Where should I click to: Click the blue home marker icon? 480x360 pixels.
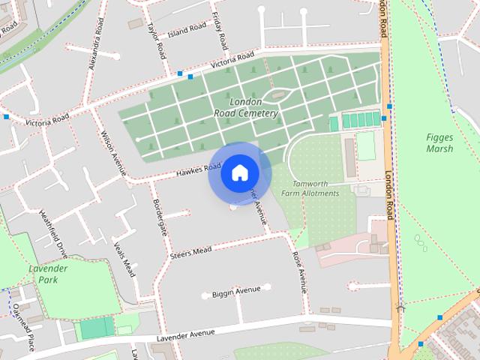239,172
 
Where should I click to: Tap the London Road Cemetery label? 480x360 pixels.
245,107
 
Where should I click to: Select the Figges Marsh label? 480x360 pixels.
439,142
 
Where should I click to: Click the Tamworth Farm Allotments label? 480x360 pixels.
310,187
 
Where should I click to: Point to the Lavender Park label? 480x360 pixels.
48,273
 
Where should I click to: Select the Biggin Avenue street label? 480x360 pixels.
235,290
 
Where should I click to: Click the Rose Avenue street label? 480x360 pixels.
300,270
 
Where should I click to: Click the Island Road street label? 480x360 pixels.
187,29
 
